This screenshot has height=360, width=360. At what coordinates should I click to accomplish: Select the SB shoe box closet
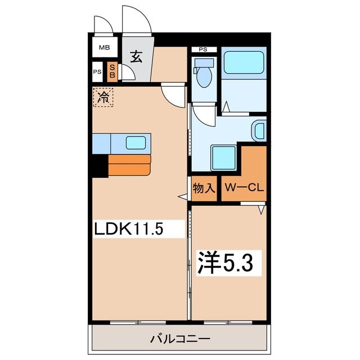[x=112, y=71]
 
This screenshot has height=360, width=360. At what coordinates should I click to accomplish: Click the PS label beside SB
[x=97, y=72]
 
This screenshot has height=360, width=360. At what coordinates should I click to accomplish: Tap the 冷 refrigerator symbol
[x=103, y=97]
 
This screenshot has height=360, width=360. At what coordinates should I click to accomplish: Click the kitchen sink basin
[x=136, y=143]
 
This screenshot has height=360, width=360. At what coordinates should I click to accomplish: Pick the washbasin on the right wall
[x=259, y=130]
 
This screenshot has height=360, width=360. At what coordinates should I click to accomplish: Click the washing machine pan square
[x=223, y=156]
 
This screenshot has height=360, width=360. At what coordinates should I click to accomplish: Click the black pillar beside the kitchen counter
[x=100, y=166]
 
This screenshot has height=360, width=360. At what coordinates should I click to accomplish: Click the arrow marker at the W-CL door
[x=262, y=210]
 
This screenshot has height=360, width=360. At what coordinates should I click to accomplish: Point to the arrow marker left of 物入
[x=182, y=196]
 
